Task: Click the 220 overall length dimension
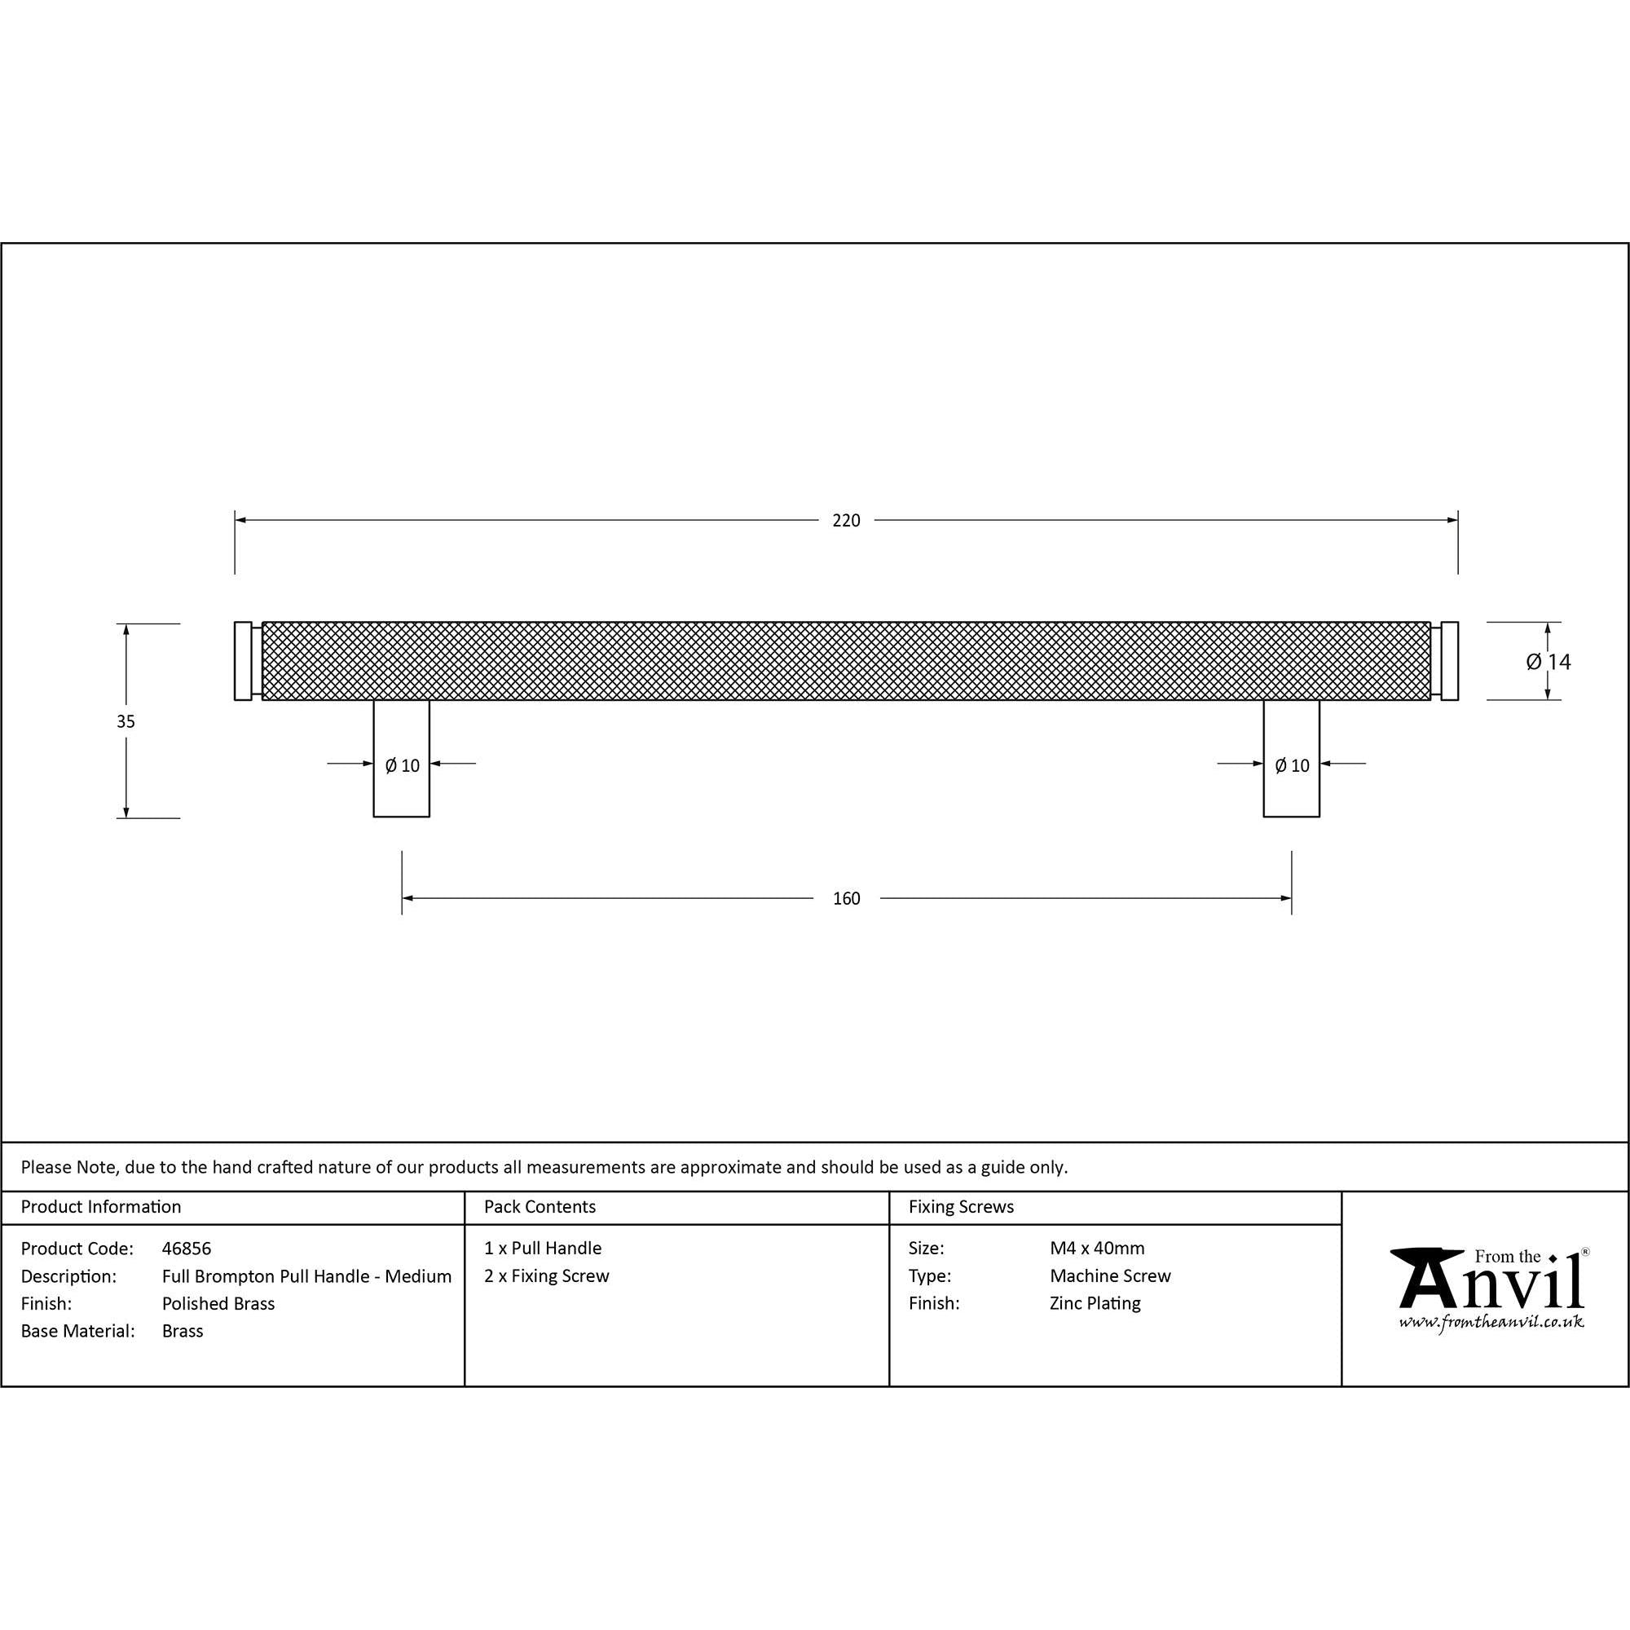tap(846, 521)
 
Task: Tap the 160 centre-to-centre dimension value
tap(846, 898)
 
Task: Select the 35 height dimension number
tap(126, 721)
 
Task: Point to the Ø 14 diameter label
tap(1548, 662)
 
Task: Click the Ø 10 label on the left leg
tap(403, 765)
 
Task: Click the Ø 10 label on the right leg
tap(1292, 765)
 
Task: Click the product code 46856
tap(187, 1248)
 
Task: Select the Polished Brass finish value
tap(218, 1303)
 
